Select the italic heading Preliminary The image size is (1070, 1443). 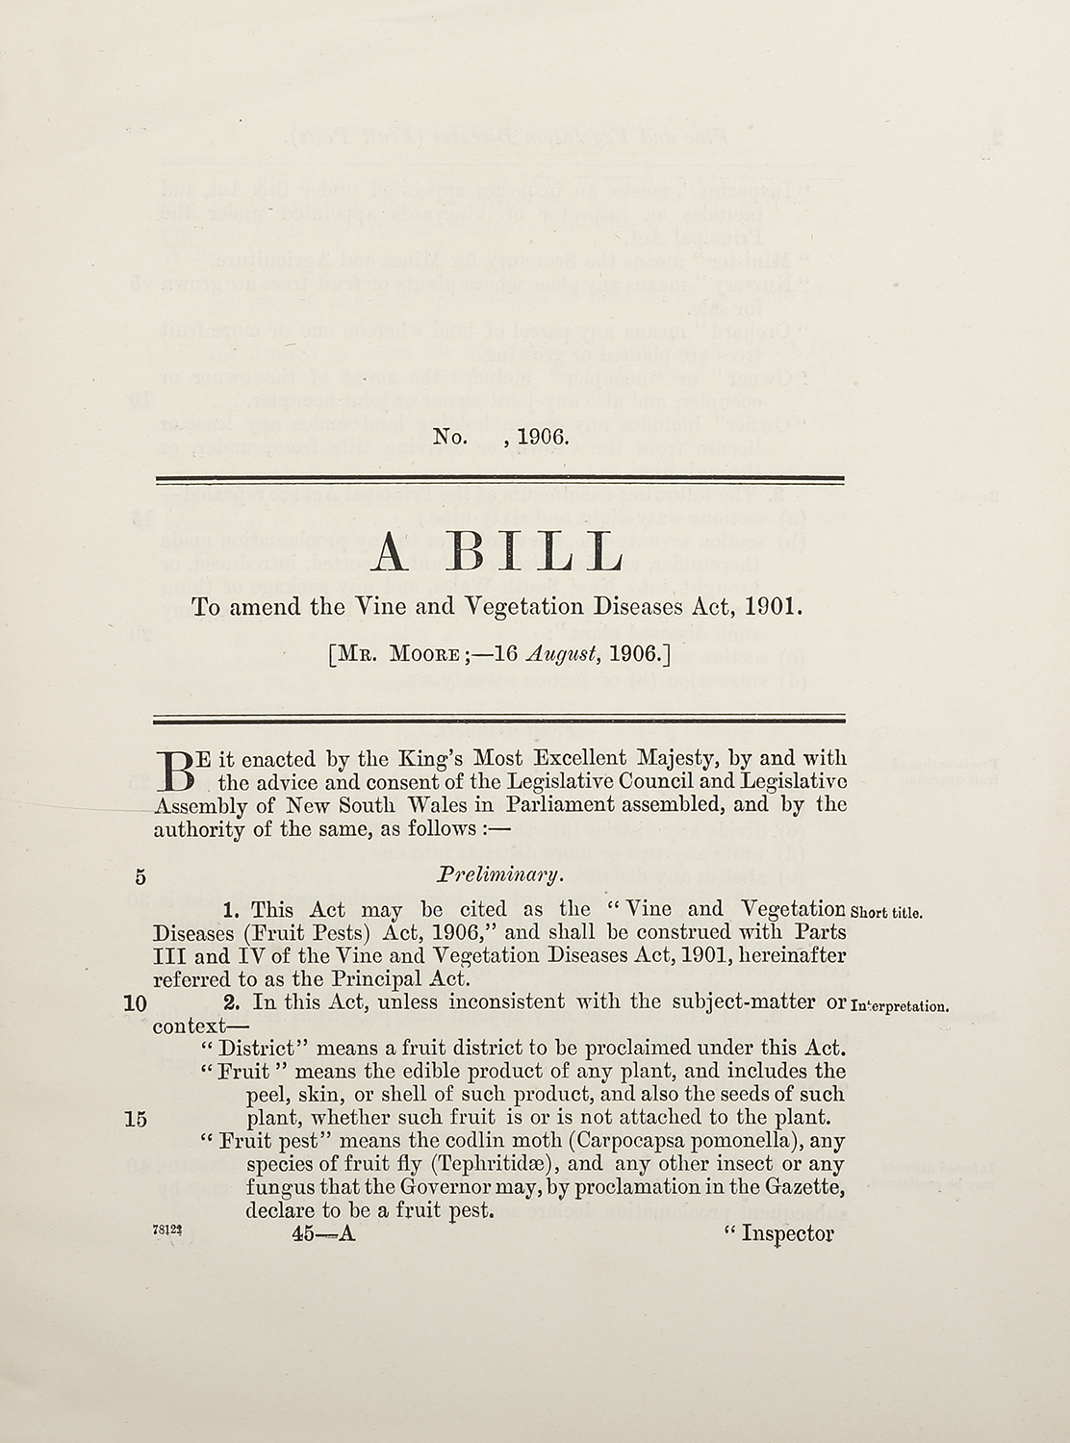click(x=498, y=875)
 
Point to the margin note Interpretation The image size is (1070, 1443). click(x=901, y=1007)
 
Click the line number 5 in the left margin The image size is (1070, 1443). click(x=140, y=876)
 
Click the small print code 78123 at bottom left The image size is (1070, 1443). click(x=165, y=1232)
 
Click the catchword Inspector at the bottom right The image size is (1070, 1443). click(x=786, y=1234)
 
